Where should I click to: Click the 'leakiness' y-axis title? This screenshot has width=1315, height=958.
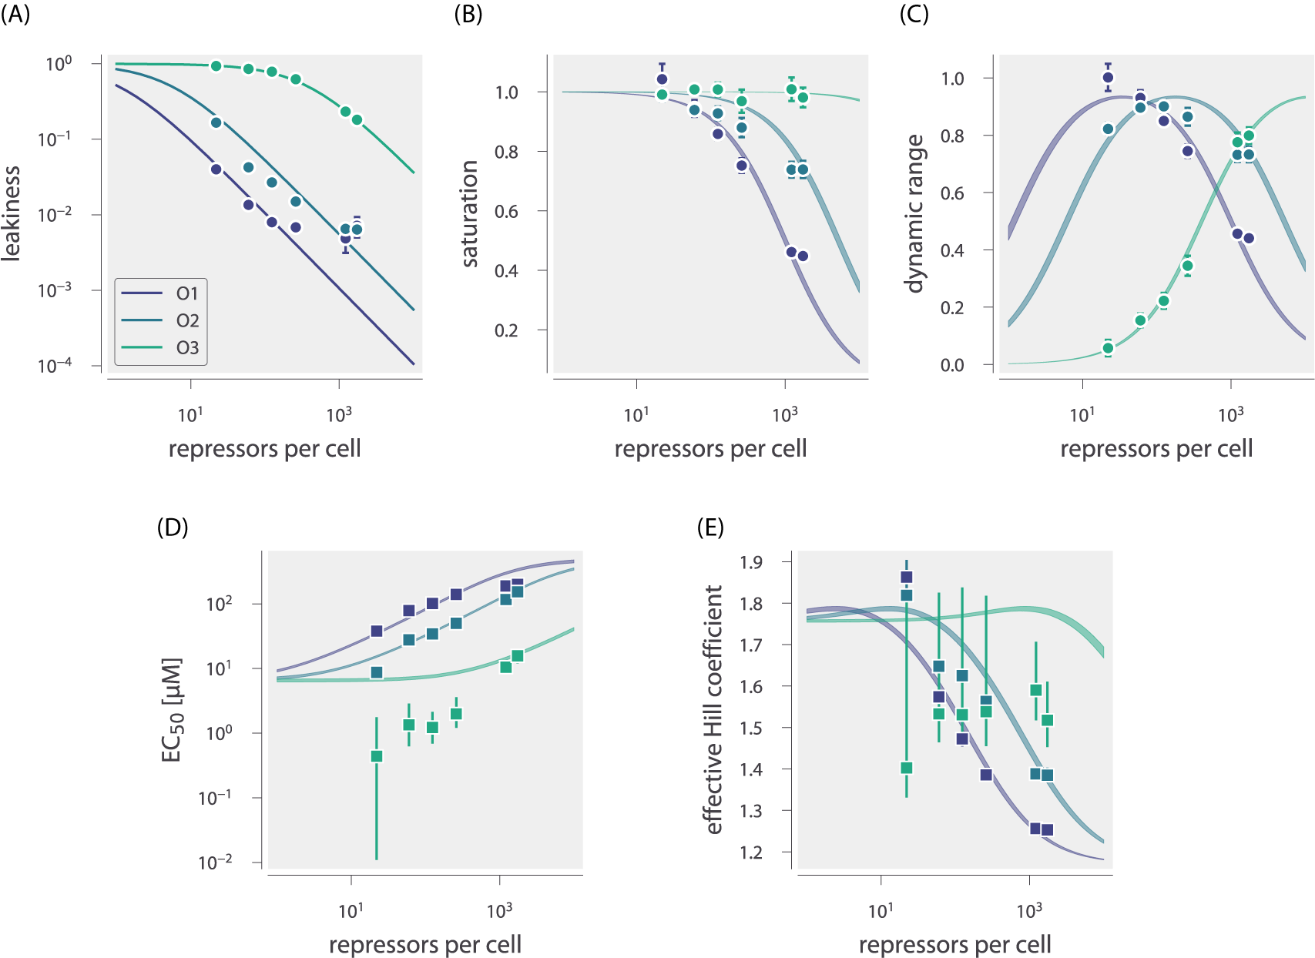coord(11,214)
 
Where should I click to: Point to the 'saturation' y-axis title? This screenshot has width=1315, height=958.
coord(469,214)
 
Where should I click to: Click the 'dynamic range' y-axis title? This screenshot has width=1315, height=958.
coord(914,214)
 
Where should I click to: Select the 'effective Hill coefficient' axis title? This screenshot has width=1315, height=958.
coord(714,709)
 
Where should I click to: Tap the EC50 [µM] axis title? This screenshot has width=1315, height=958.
coord(171,709)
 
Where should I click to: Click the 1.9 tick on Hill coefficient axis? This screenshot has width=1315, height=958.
coord(751,562)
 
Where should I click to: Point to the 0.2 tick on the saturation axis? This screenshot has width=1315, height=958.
coord(505,330)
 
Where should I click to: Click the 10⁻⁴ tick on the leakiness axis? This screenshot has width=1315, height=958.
coord(55,365)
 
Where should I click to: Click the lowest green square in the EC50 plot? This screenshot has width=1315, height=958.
coord(377,756)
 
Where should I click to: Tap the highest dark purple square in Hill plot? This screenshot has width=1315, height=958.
coord(907,577)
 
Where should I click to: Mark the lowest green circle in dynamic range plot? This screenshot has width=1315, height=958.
coord(1108,348)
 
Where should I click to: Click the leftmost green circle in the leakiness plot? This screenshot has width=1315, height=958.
coord(216,66)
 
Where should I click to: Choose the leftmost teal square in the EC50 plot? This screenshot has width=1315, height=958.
coord(377,672)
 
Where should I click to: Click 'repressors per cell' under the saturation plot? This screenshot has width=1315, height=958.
coord(710,448)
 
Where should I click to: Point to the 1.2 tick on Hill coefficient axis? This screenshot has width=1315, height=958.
coord(751,852)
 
